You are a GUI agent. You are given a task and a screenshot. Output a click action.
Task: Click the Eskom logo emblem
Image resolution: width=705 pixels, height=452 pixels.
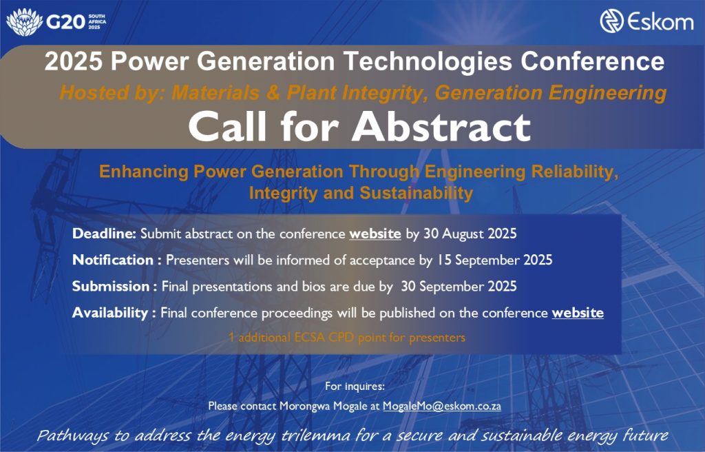[611, 21]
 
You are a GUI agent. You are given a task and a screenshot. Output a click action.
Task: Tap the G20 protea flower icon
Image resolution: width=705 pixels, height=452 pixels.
[25, 21]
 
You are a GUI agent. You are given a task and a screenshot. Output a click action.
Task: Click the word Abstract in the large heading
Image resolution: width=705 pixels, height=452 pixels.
[441, 127]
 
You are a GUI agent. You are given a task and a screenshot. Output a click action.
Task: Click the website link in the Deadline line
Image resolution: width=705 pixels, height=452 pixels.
[375, 234]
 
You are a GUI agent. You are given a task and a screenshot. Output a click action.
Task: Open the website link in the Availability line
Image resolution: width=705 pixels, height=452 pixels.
[578, 312]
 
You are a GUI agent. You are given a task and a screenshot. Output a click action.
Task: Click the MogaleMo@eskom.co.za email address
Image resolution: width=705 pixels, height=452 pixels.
[441, 406]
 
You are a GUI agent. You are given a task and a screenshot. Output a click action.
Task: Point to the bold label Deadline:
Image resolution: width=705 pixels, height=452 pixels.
[104, 234]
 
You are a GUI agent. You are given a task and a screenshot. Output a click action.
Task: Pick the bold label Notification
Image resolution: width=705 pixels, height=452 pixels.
[113, 260]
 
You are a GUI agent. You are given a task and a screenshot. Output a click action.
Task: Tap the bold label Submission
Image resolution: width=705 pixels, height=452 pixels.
[111, 287]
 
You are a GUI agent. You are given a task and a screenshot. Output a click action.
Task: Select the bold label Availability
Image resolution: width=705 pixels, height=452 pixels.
[110, 312]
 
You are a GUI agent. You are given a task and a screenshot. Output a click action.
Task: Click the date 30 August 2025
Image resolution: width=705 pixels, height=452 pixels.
[470, 234]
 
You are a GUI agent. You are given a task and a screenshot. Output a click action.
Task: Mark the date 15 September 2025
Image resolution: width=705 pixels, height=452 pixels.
[494, 260]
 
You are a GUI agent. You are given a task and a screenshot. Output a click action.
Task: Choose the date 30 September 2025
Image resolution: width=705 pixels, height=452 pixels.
[459, 287]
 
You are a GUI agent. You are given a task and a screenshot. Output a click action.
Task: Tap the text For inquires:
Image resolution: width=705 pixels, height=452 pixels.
[355, 386]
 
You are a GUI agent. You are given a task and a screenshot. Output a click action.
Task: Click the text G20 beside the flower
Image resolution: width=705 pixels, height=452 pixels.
[65, 21]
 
